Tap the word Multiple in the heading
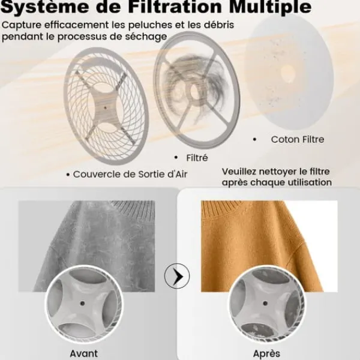coord(270,7)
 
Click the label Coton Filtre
coord(298,139)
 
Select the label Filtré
coord(197,158)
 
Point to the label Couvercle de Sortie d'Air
coord(130,174)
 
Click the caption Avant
coord(84,353)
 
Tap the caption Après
coord(266,353)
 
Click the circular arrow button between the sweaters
coord(177,276)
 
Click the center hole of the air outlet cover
coord(105,107)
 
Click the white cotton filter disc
coord(289,72)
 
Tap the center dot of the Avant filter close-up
coord(82,304)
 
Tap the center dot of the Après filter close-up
coord(265,304)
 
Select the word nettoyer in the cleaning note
coord(279,172)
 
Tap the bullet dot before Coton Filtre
coord(254,139)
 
